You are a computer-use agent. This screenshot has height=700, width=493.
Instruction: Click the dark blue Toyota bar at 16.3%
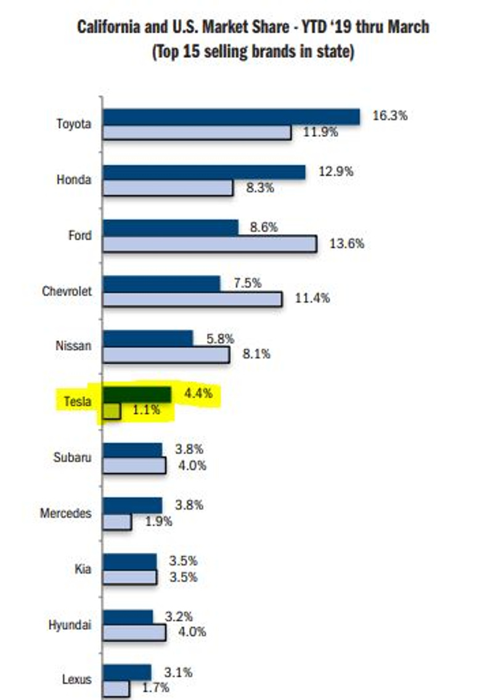coord(231,116)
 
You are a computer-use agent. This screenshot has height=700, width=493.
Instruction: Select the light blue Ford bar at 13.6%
coord(210,243)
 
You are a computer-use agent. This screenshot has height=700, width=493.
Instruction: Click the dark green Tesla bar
coord(137,394)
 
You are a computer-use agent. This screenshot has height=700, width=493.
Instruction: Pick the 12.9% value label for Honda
coord(336,172)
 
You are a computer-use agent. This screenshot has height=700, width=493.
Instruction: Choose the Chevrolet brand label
coord(67,291)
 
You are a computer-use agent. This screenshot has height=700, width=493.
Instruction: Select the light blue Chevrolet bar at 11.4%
coord(192,299)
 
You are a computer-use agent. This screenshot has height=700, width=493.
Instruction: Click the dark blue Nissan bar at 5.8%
coord(148,338)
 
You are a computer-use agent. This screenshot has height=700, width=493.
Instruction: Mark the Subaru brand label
coord(73,457)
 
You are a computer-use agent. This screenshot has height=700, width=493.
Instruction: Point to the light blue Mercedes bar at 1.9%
coord(117,522)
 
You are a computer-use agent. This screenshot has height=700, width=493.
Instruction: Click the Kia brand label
coord(83,568)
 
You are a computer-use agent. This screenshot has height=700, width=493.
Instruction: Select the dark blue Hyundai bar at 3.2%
coord(128,616)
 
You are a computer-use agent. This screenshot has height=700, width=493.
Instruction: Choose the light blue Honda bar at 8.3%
coord(168,188)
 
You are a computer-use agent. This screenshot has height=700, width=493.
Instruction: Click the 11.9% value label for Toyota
coord(319,131)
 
